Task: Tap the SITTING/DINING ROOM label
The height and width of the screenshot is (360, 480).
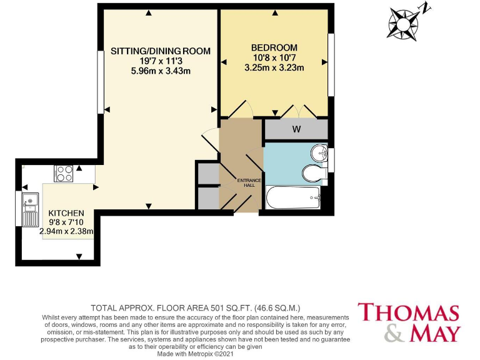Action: (160, 51)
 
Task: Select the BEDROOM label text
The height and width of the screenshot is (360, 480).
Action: (274, 47)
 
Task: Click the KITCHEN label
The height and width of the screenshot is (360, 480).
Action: (66, 213)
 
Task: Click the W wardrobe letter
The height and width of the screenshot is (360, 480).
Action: (297, 130)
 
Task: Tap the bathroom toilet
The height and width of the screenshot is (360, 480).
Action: (312, 172)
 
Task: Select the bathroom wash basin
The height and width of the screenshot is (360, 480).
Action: (319, 153)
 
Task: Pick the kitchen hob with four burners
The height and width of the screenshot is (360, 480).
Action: (64, 172)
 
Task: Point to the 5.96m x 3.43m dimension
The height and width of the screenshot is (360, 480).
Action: (160, 71)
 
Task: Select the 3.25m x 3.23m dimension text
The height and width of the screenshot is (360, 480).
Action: (274, 67)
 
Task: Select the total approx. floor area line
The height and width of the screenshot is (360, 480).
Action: (196, 308)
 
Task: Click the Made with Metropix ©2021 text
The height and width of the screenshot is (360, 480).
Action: (195, 354)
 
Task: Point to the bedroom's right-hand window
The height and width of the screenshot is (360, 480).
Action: (331, 65)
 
